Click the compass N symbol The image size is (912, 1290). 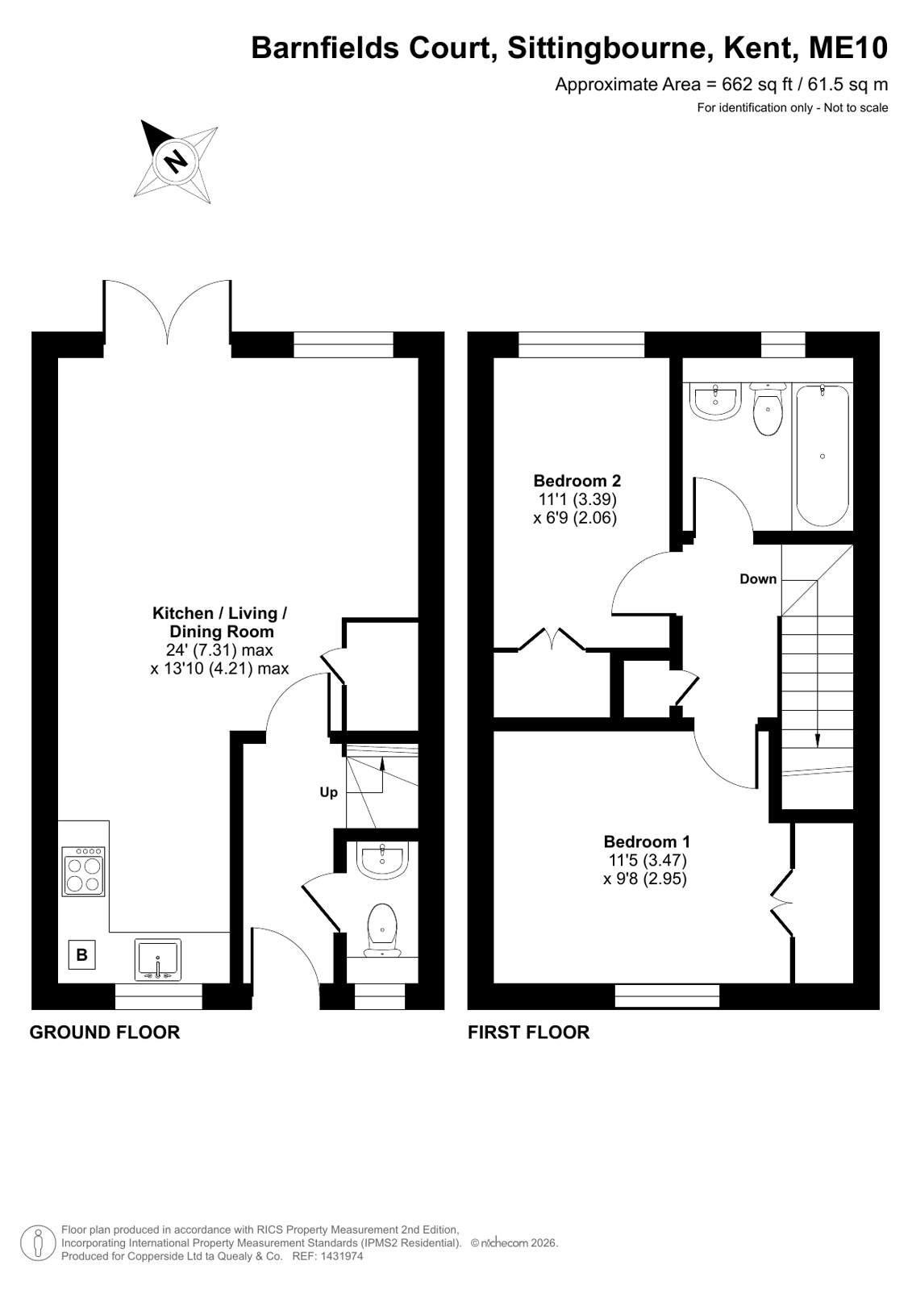click(175, 160)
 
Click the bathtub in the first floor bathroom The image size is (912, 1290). click(822, 456)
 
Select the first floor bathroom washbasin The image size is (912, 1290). click(715, 402)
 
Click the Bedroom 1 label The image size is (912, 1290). click(647, 841)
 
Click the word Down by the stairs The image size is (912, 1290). click(758, 578)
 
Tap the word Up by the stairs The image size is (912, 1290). click(328, 793)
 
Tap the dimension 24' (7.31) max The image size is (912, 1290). click(219, 650)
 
